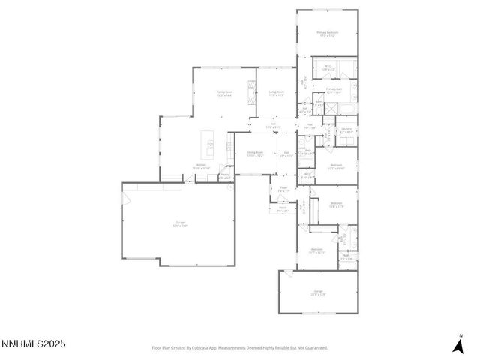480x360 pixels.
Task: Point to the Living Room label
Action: click(x=277, y=93)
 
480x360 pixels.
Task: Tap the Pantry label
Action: click(x=224, y=175)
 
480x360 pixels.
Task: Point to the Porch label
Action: click(x=283, y=210)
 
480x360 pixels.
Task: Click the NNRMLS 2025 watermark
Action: click(x=33, y=343)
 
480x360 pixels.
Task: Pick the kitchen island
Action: click(x=211, y=148)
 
